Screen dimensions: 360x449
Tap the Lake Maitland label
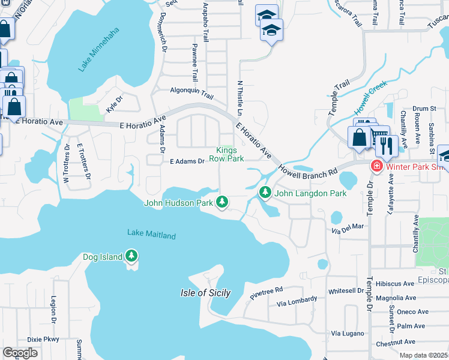(x=151, y=234)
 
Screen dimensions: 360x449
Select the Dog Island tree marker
(x=132, y=257)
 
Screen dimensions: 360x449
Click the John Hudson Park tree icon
(x=222, y=202)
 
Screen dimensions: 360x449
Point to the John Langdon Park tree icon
(x=265, y=193)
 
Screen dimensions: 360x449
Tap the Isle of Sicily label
(x=205, y=293)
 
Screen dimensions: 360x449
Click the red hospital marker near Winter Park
(x=377, y=166)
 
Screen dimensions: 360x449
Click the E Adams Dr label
(x=187, y=161)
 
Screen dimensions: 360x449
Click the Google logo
(x=20, y=353)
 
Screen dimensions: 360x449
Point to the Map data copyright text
(x=424, y=355)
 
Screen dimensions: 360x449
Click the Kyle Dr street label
(x=114, y=104)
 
